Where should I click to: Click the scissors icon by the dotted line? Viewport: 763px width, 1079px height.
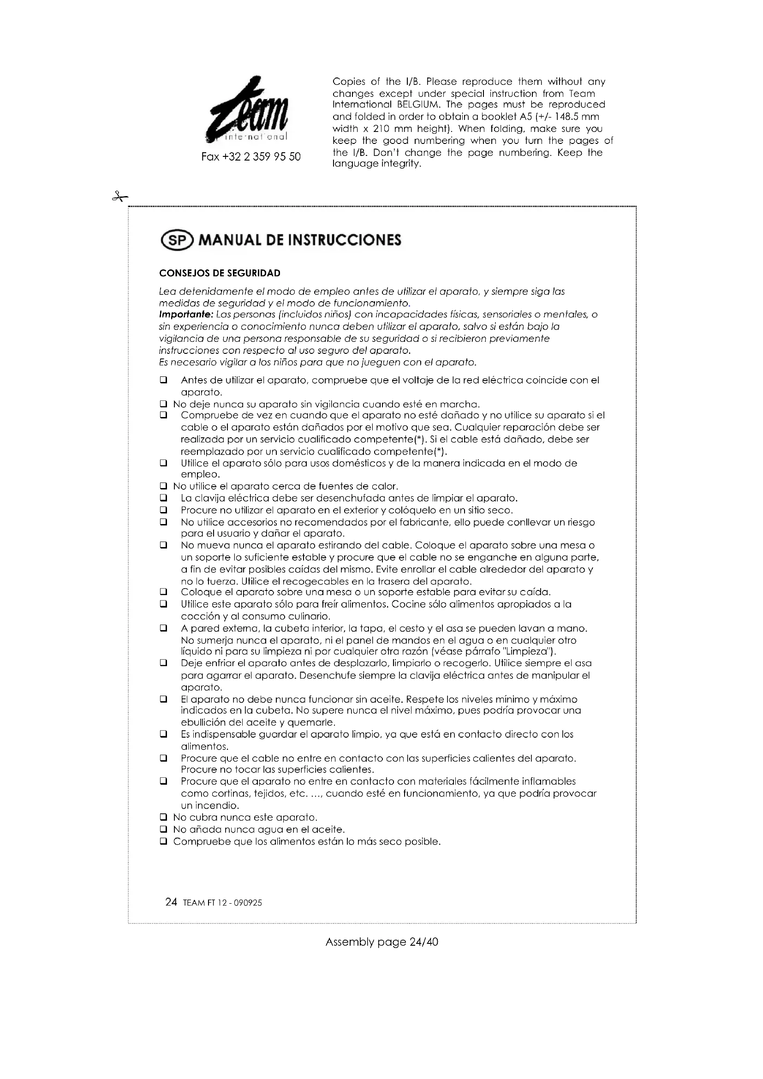click(x=120, y=197)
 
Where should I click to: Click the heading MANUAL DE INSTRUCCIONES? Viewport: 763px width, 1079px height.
click(x=300, y=241)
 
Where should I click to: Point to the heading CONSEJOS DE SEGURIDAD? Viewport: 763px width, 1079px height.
click(x=220, y=274)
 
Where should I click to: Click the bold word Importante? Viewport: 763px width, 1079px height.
click(x=186, y=315)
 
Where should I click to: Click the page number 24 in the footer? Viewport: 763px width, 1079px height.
click(x=171, y=902)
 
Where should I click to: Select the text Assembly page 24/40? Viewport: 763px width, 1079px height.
click(x=381, y=942)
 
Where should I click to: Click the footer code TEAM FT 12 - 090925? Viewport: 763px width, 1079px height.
click(x=222, y=903)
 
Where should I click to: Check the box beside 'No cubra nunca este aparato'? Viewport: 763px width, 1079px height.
click(x=163, y=818)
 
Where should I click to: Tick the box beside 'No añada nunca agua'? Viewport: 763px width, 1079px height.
click(x=163, y=829)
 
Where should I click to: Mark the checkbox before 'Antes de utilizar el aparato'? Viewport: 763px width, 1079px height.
click(x=163, y=380)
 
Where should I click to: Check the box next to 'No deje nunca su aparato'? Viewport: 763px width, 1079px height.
click(x=163, y=404)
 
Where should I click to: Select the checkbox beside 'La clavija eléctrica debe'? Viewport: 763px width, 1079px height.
click(x=163, y=498)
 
